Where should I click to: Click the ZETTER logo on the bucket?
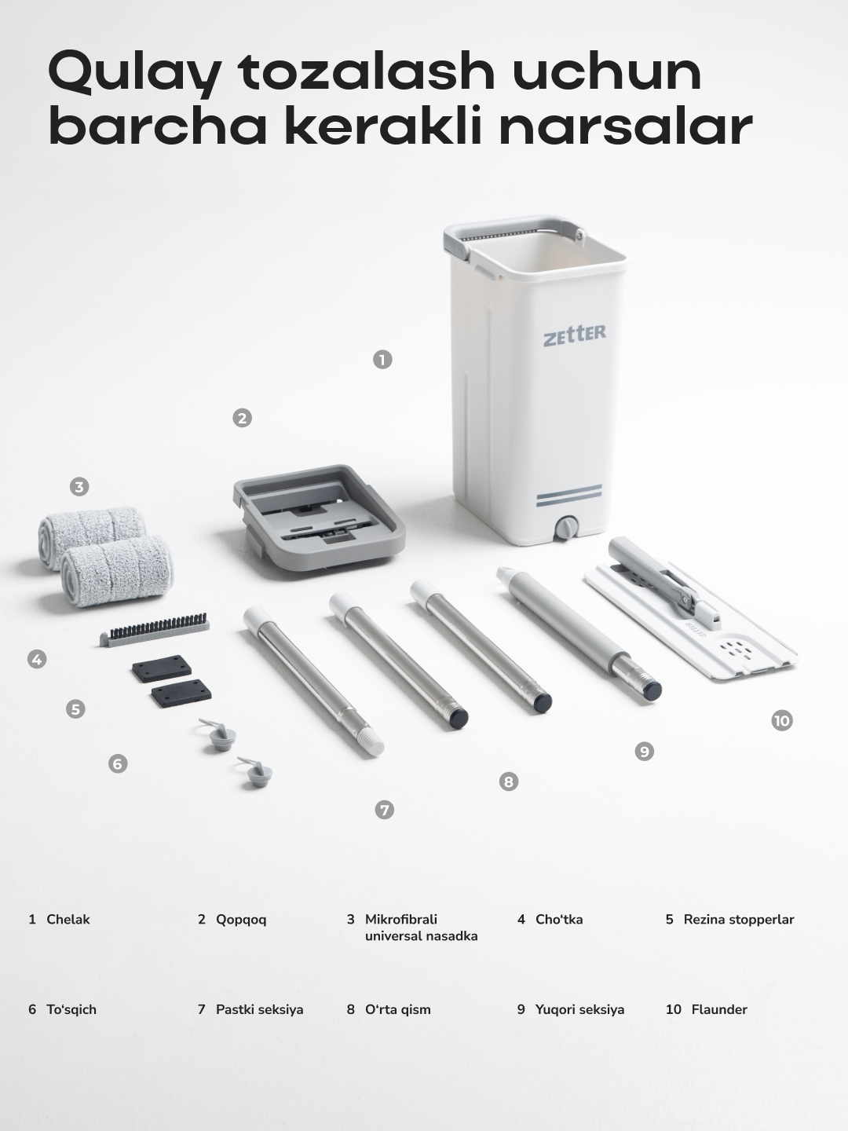tap(575, 335)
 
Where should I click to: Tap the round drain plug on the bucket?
tap(566, 529)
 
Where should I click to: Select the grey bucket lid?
tap(320, 517)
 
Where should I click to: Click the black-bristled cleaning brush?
tap(155, 629)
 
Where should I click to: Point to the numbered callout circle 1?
tap(382, 360)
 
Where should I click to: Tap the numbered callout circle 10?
tap(782, 720)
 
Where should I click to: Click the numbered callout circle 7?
tap(385, 810)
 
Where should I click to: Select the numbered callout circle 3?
tap(79, 487)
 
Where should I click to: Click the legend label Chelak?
tap(68, 920)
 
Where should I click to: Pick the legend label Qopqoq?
tap(241, 921)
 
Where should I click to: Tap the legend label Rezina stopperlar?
tap(739, 921)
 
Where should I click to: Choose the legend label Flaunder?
tap(719, 1009)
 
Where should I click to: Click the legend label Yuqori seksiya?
tap(579, 1010)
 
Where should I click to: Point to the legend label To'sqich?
tap(71, 1010)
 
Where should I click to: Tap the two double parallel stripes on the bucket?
tap(569, 495)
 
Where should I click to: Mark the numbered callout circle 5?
tap(75, 709)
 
